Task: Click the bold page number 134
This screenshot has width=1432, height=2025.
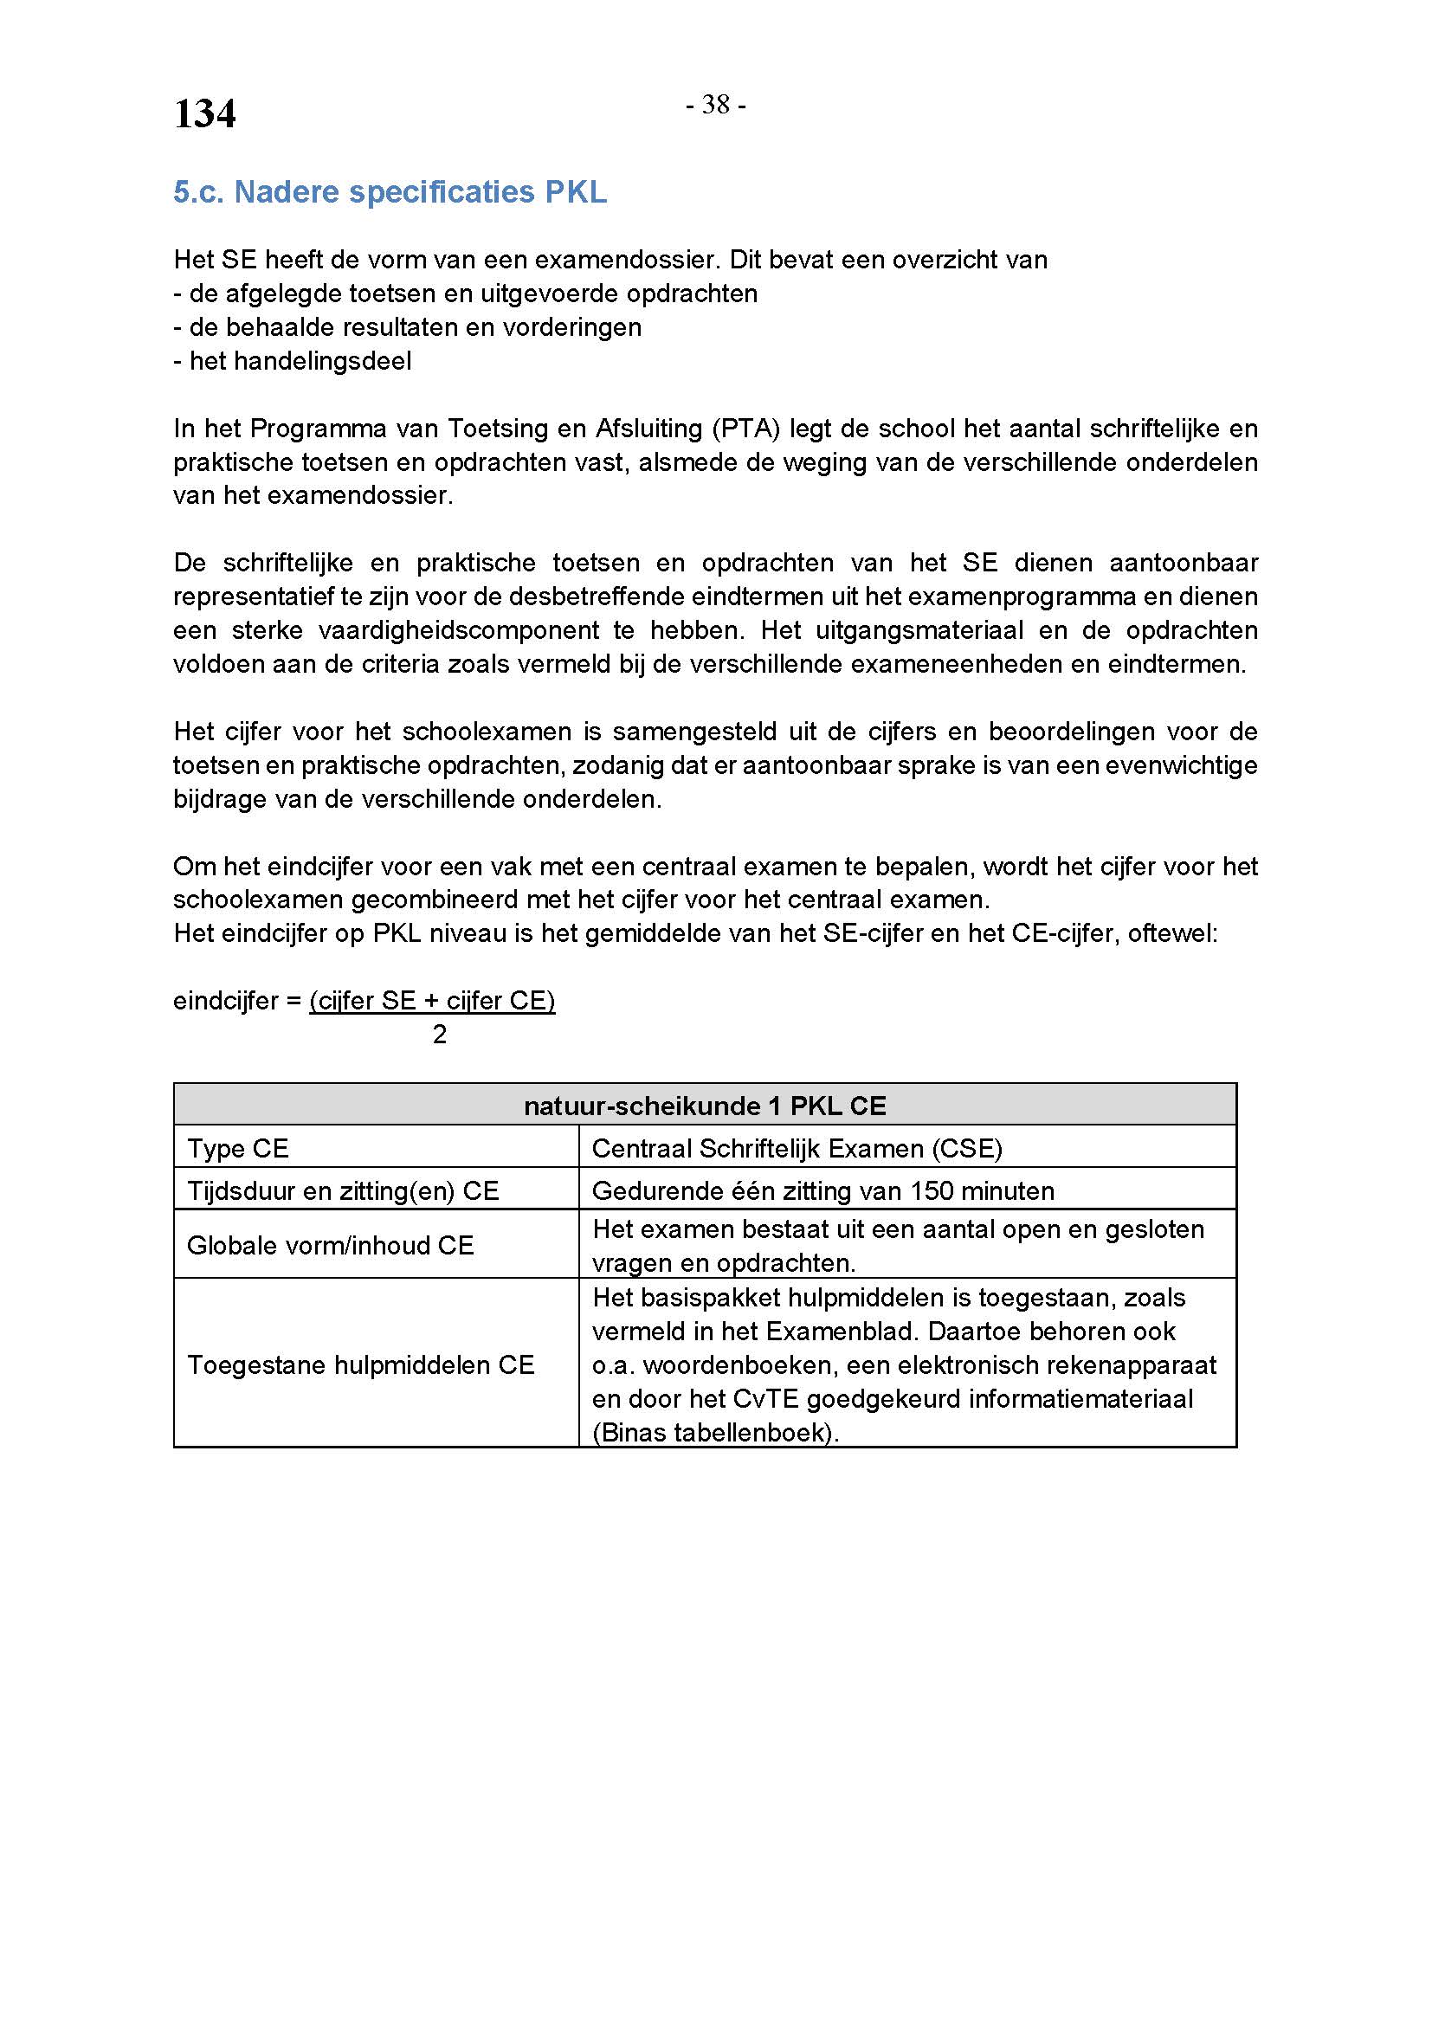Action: point(204,114)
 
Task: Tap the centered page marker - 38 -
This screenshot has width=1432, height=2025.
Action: point(716,105)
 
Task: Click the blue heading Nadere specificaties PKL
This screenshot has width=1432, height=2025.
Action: point(390,192)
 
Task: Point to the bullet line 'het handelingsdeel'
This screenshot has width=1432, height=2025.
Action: point(293,361)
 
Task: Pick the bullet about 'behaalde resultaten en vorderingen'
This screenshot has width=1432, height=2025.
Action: point(408,327)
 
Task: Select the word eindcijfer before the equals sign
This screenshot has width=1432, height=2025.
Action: point(226,1001)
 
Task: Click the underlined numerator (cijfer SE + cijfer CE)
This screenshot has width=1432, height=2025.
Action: point(432,1001)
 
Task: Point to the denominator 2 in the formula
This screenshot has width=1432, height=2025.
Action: point(439,1035)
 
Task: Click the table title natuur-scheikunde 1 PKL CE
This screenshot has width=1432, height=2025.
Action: point(705,1106)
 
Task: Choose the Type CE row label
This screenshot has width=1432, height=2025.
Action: point(238,1148)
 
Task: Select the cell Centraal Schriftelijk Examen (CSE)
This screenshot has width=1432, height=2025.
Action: point(797,1148)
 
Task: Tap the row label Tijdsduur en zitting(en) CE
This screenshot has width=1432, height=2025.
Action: point(343,1190)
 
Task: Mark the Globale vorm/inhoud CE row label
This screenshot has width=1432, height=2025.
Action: point(331,1245)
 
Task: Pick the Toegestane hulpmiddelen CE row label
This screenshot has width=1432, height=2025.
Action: point(361,1365)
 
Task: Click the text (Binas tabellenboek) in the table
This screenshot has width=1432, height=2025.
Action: point(715,1432)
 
